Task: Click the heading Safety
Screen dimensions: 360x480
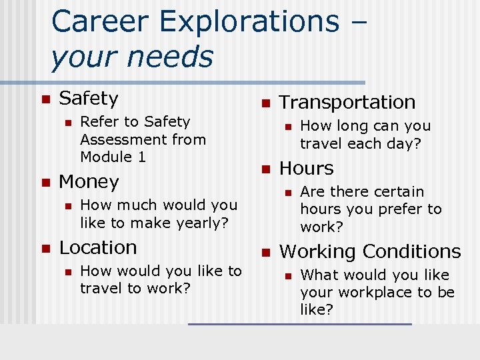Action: coord(89,99)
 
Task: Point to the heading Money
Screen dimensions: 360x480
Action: coord(89,182)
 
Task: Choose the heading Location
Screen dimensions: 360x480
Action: coord(98,247)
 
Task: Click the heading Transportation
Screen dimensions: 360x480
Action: coord(347,103)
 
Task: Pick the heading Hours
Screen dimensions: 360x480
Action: coord(306,169)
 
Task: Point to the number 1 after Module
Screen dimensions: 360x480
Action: coord(141,157)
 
